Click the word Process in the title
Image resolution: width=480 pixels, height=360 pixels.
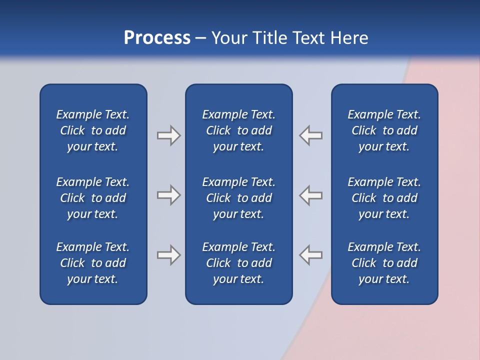[x=157, y=38]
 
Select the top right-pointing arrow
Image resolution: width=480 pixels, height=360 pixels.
[x=168, y=135]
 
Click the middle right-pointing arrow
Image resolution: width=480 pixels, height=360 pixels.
[x=168, y=195]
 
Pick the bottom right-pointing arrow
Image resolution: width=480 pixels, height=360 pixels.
[x=168, y=255]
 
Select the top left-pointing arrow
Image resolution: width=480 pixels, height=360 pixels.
[x=310, y=135]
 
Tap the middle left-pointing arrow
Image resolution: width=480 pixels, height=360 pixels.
[x=310, y=195]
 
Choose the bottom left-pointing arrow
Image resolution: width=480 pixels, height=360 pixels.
[x=310, y=255]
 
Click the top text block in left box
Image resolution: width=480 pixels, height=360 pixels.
[x=93, y=130]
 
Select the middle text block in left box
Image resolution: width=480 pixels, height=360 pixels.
[x=93, y=198]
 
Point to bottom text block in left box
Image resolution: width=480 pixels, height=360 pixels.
[x=93, y=263]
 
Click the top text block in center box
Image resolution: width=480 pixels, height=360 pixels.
[x=239, y=130]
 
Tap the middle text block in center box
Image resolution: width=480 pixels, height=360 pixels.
[x=239, y=198]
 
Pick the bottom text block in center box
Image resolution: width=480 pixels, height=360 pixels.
[x=239, y=263]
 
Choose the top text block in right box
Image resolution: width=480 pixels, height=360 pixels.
[x=384, y=130]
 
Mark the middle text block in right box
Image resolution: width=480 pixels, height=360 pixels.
[x=384, y=198]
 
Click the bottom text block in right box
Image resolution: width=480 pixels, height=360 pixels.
[x=384, y=263]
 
